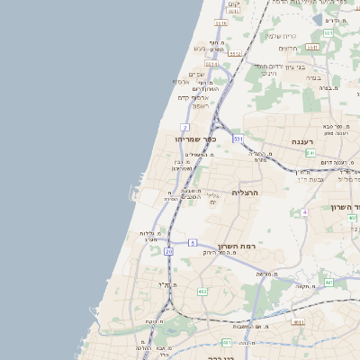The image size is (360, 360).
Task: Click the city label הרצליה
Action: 245,193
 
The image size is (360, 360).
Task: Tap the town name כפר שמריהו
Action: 198,139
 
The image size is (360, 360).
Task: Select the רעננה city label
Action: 301,142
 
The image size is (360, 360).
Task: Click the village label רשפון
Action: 198,105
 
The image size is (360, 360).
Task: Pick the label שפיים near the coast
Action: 196,74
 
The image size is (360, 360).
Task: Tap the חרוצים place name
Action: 287,48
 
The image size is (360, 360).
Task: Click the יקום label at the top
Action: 235,4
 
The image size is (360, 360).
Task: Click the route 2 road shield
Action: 184,127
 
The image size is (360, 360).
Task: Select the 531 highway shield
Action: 238,139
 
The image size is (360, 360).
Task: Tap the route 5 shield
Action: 193,243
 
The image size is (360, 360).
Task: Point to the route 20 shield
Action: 168,252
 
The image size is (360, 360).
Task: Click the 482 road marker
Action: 202,292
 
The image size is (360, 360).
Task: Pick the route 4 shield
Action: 305,212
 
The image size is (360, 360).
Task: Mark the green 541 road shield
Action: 310,153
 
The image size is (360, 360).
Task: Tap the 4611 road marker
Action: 298,320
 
